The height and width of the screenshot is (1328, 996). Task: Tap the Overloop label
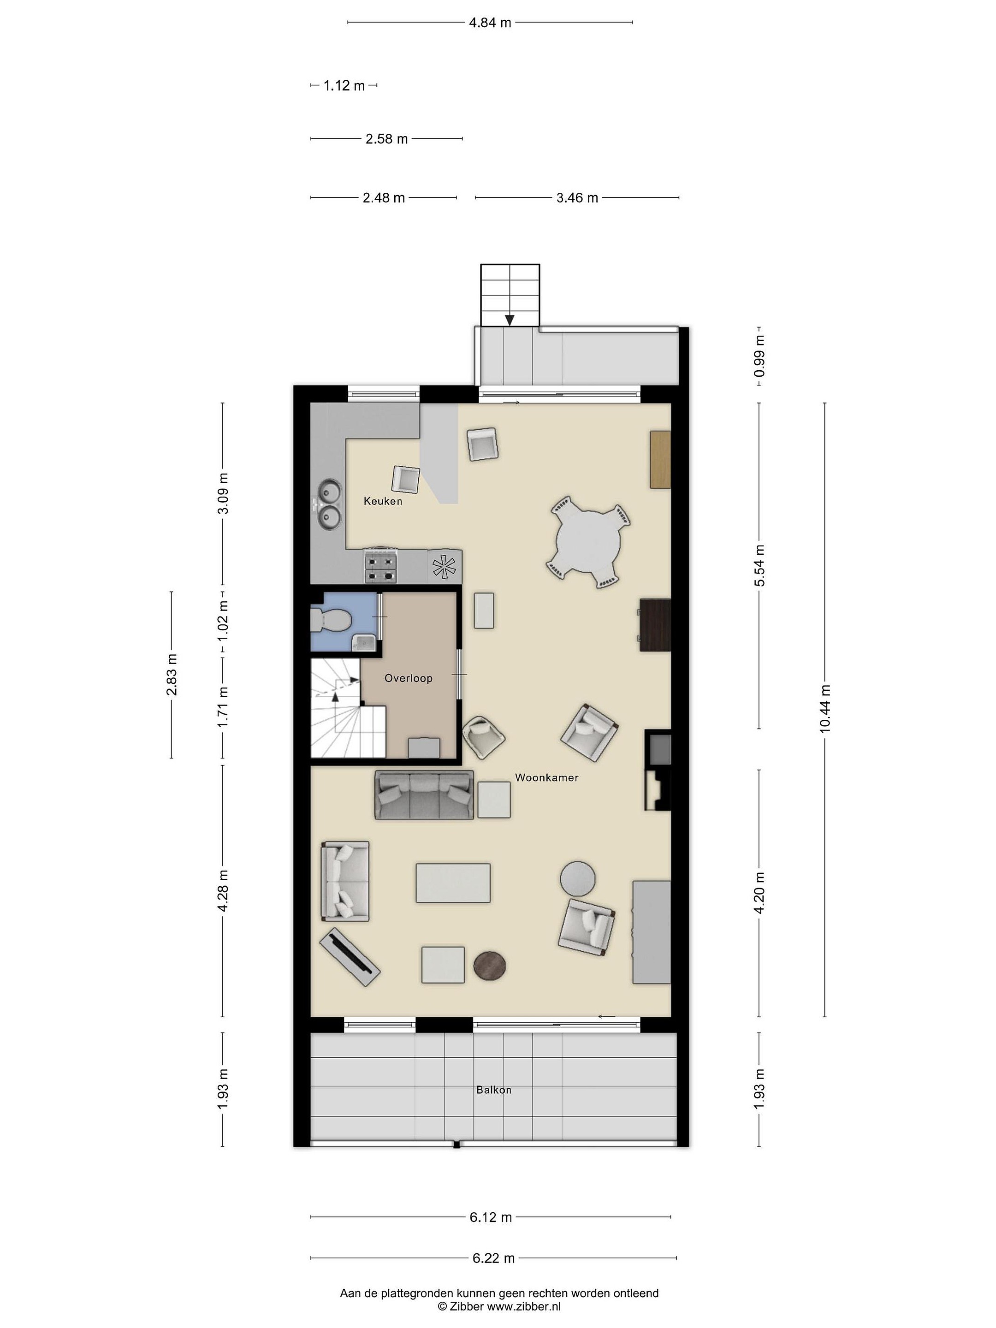click(408, 678)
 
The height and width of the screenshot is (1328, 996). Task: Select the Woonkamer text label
click(546, 777)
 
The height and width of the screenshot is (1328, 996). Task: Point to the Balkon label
click(493, 1090)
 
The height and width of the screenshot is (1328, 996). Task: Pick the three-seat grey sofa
click(424, 795)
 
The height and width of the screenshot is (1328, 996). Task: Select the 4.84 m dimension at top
click(490, 23)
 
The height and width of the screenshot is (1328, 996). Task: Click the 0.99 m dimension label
click(759, 356)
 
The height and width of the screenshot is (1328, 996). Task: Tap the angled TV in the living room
click(350, 957)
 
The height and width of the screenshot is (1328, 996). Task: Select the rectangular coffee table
click(453, 883)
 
